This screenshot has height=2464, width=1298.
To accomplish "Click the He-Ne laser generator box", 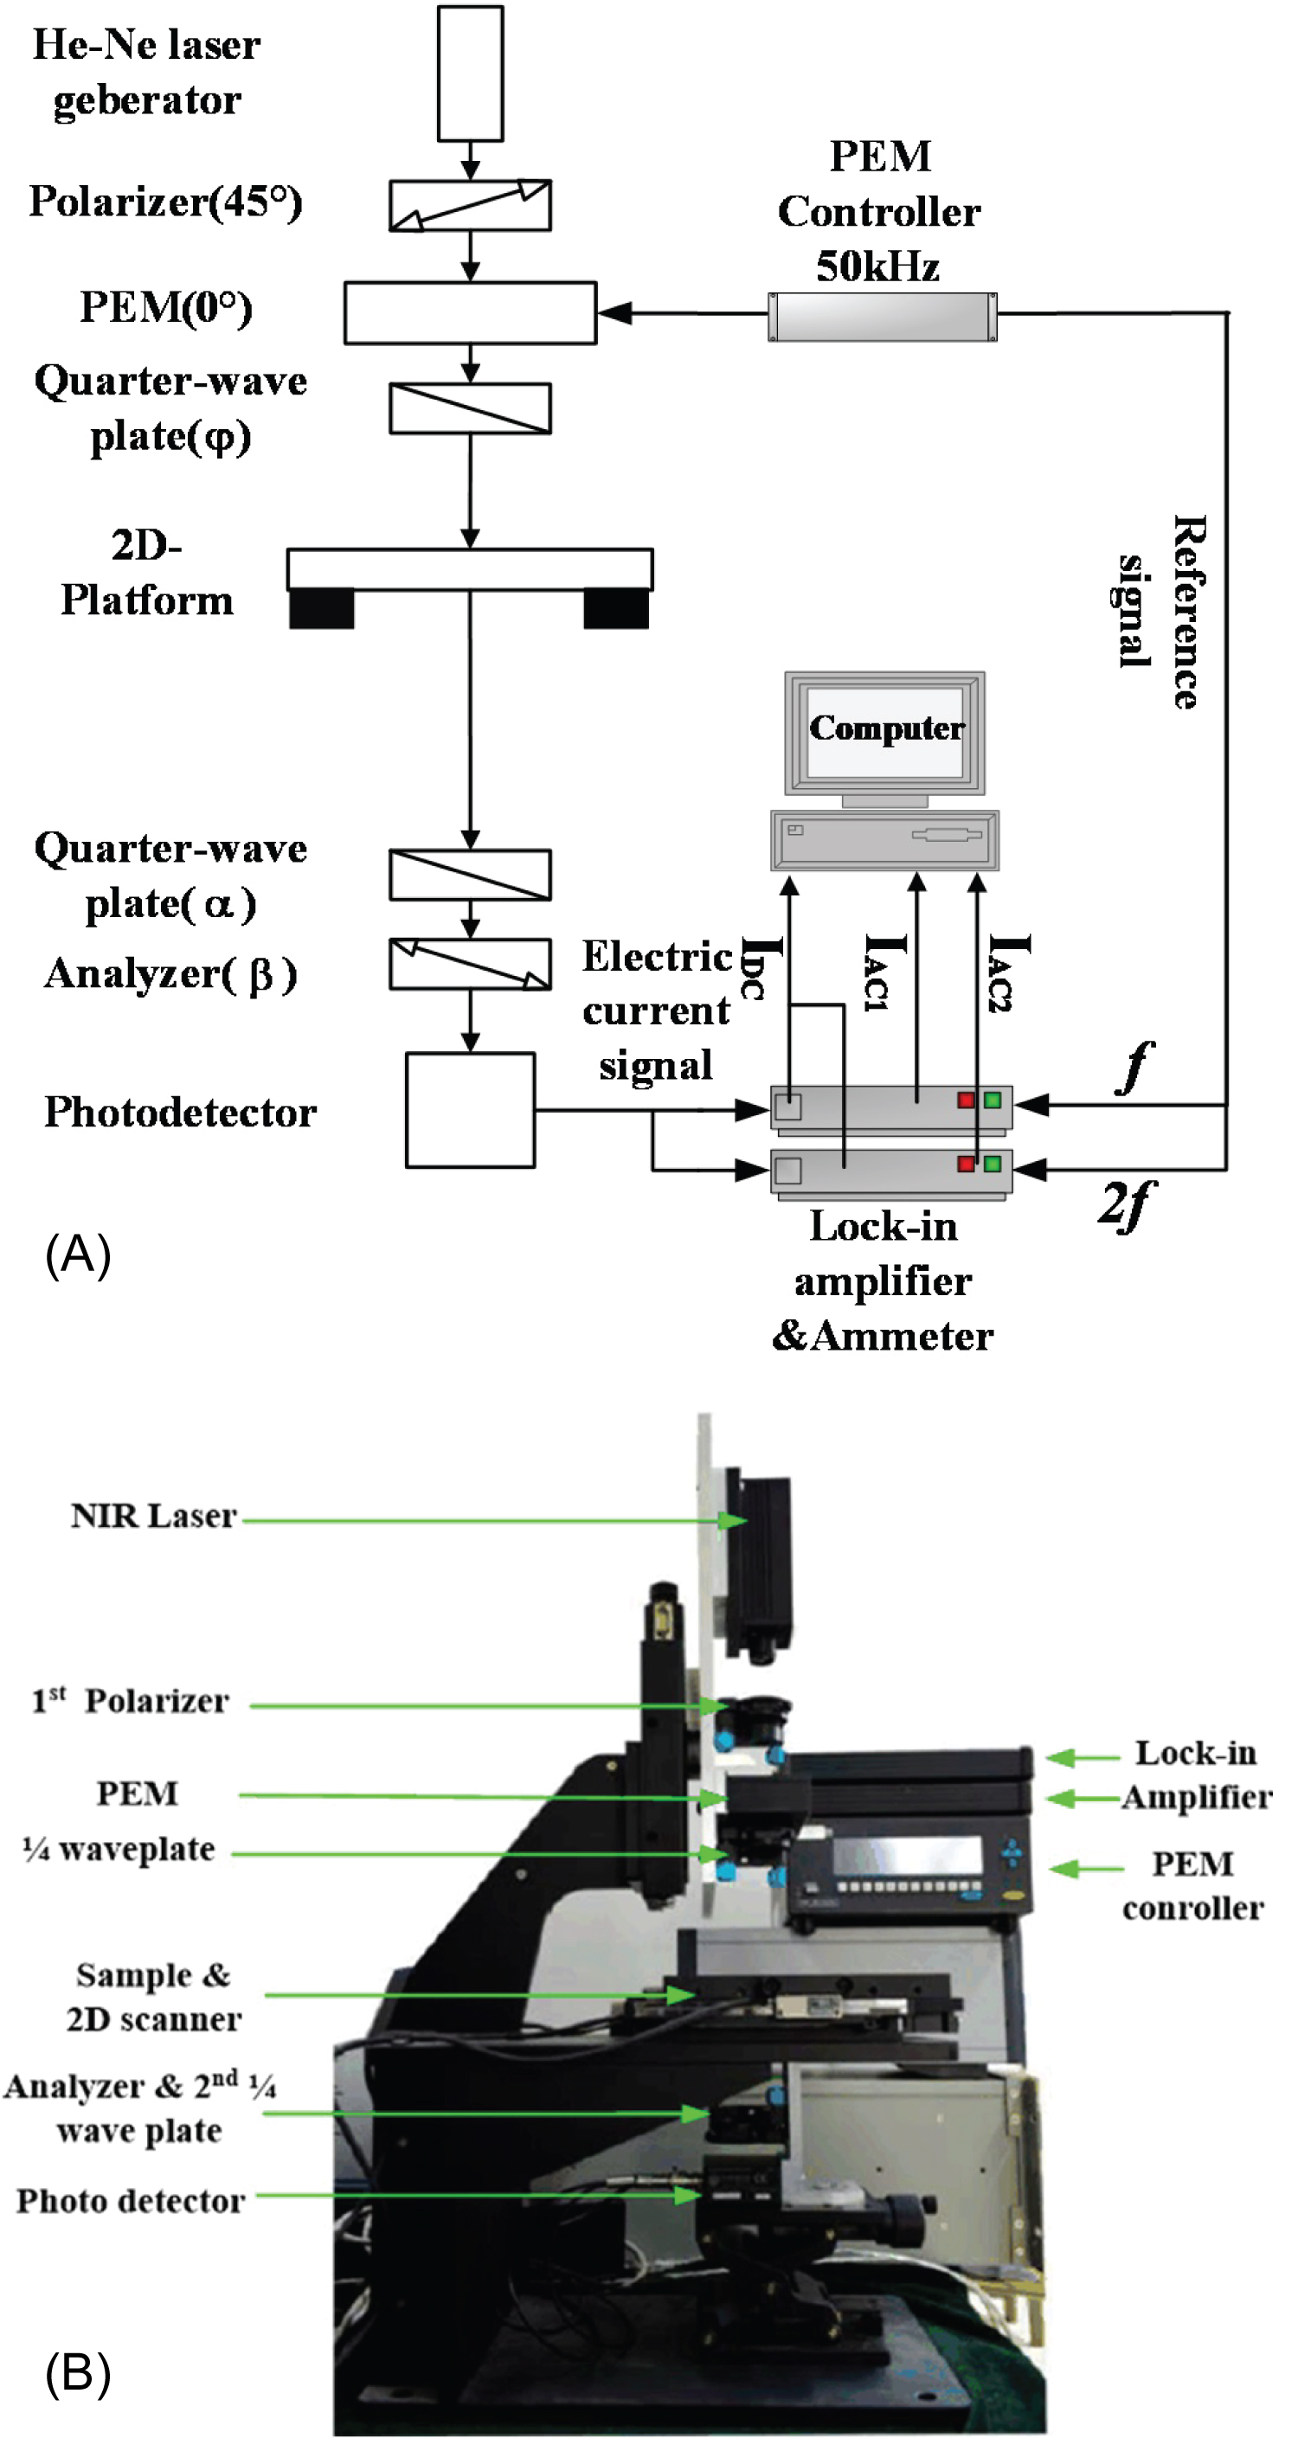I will coord(470,74).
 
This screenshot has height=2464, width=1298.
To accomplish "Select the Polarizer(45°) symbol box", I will coord(470,205).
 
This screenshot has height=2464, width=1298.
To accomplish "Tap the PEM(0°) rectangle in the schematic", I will coord(470,313).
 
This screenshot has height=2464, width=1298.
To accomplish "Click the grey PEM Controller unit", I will coord(882,317).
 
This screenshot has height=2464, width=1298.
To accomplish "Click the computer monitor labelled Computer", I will coord(884,732).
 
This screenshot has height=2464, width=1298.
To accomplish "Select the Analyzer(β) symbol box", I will coord(470,963).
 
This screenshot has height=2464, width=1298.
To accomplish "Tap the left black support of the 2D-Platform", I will coord(321,608).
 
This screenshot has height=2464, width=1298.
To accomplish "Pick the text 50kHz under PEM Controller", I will coord(877,266).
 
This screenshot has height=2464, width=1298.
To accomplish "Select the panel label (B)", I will coord(78,2373).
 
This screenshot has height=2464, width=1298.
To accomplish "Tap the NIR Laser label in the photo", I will coord(153,1516).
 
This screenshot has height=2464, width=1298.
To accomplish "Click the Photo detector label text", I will coord(131,2201).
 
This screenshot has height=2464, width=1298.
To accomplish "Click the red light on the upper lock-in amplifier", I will coord(966,1100).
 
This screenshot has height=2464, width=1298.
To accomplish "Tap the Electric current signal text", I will coord(656,1011).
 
